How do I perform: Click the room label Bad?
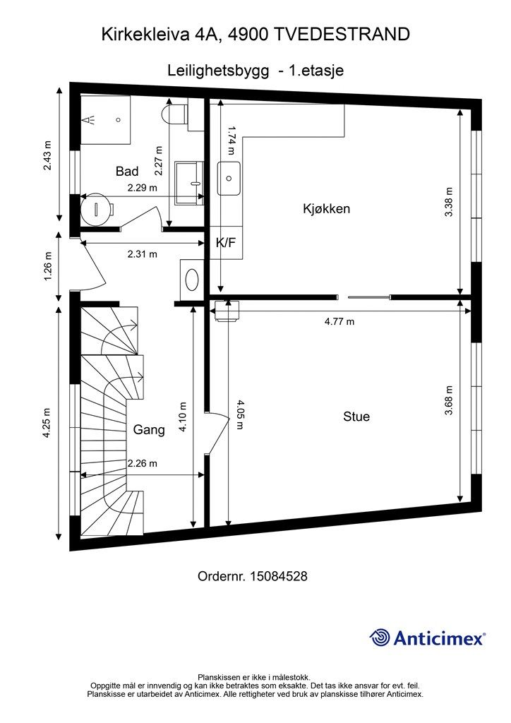[x=127, y=172]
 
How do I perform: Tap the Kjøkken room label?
[x=326, y=208]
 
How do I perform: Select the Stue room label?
[x=356, y=417]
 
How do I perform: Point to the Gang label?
[x=149, y=430]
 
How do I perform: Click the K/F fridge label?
[x=226, y=243]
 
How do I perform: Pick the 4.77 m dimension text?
[x=339, y=321]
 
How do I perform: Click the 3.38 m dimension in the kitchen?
[x=450, y=201]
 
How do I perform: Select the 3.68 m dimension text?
[x=449, y=400]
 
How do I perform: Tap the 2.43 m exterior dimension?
[x=47, y=155]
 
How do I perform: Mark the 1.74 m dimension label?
[x=232, y=141]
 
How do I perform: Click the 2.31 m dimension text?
[x=143, y=253]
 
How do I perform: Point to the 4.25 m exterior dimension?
[x=47, y=423]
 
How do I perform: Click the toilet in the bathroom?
[x=174, y=114]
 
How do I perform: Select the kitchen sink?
[x=229, y=178]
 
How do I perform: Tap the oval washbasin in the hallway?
[x=192, y=280]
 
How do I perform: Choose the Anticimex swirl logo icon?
[x=380, y=638]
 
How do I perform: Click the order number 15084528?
[x=278, y=576]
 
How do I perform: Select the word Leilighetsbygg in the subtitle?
[x=218, y=71]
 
